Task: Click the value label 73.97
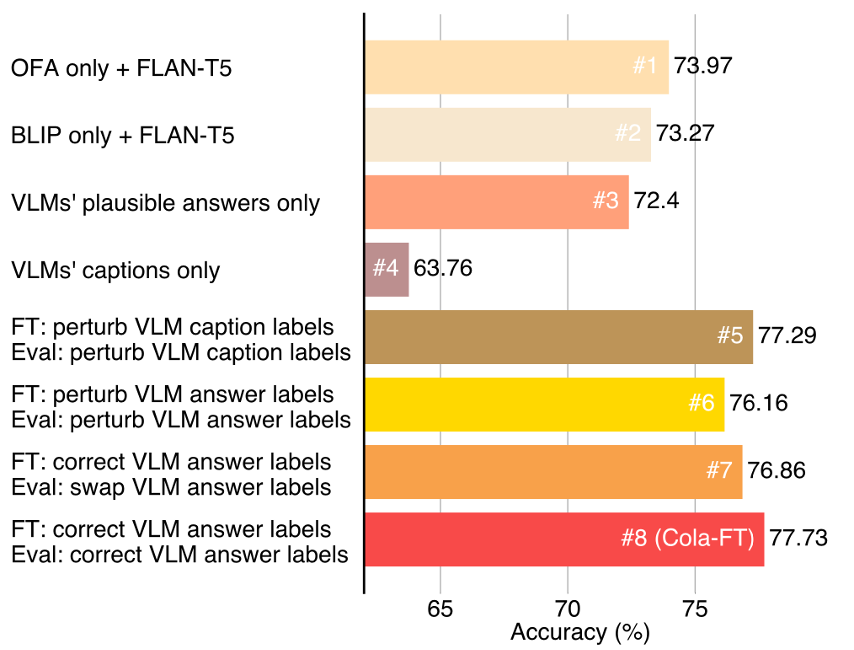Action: [x=703, y=67]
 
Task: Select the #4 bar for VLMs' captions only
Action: [x=387, y=269]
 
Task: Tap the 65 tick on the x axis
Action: [x=440, y=608]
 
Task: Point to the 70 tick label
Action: [x=568, y=608]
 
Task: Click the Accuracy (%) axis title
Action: [x=580, y=632]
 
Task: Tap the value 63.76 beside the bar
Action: [x=442, y=269]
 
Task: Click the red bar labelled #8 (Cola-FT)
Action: [x=564, y=539]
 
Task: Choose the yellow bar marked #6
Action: [x=544, y=404]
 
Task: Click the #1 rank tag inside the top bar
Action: [x=645, y=67]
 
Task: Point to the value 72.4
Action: [x=656, y=202]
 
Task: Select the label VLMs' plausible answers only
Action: [x=165, y=203]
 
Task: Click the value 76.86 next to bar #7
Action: [x=776, y=471]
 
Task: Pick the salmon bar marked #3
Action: [x=496, y=202]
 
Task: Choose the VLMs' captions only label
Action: [x=115, y=270]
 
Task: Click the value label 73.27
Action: [x=685, y=134]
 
